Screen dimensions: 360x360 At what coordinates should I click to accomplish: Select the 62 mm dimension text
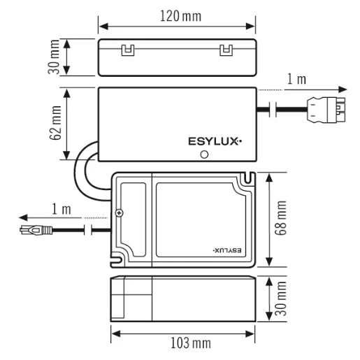[55, 124]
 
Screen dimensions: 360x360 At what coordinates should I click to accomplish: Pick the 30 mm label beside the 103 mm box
[282, 299]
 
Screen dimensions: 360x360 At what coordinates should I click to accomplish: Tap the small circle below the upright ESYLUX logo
[204, 155]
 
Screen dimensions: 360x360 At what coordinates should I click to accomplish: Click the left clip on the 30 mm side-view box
[127, 50]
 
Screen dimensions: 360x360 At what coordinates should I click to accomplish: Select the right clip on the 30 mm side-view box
[225, 50]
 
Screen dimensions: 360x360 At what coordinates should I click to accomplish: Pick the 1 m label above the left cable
[62, 208]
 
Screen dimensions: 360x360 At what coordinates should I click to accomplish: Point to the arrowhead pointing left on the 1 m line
[22, 217]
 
